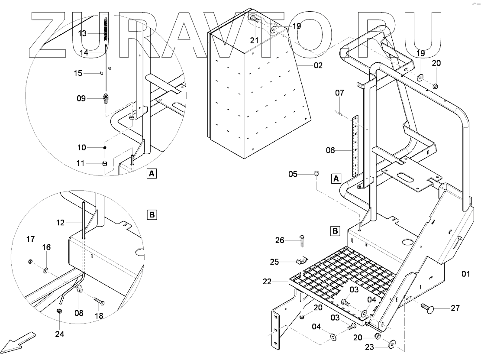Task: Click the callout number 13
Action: tap(82, 33)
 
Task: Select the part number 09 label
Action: tap(81, 98)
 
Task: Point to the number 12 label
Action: tap(60, 223)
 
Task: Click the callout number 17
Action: tap(30, 239)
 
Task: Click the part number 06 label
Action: tap(331, 150)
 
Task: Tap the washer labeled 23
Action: tap(392, 344)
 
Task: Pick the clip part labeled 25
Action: tap(300, 261)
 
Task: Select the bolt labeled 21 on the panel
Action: tap(254, 19)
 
